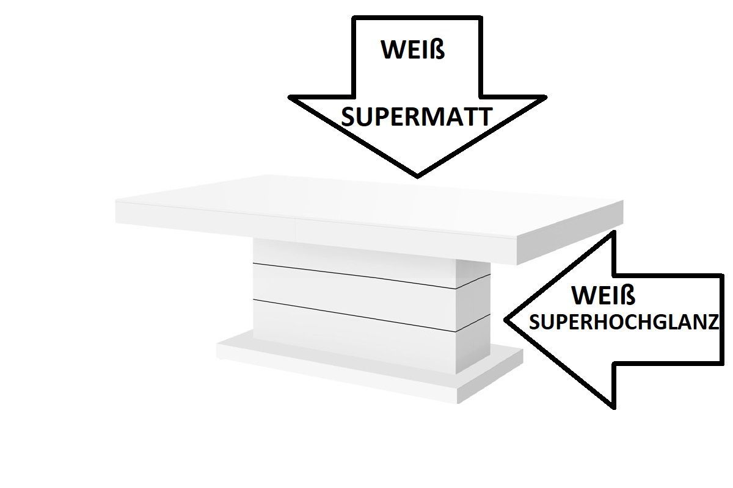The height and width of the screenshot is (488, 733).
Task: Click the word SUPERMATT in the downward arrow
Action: [417, 117]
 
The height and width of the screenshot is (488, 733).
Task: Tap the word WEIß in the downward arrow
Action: [413, 49]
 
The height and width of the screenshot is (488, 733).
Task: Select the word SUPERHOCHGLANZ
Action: [624, 322]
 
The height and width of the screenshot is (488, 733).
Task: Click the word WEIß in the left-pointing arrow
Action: [604, 295]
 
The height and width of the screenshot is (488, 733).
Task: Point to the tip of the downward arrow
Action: [417, 177]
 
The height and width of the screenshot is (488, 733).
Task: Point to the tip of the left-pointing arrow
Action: [506, 320]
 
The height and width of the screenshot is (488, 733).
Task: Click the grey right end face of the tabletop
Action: [570, 232]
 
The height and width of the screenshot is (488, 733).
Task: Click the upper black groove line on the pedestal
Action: [372, 276]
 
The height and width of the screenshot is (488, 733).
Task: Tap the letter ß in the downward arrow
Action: [439, 49]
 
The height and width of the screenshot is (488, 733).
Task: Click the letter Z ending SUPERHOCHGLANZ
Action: [713, 322]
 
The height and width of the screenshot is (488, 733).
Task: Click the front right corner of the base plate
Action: [458, 403]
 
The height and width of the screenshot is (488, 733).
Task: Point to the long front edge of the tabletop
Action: [316, 234]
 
